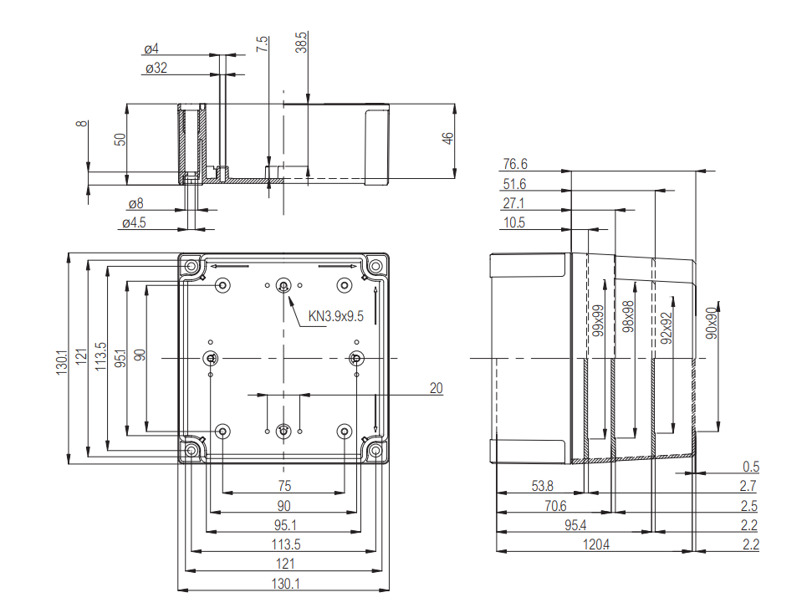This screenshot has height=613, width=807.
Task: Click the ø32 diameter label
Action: (156, 68)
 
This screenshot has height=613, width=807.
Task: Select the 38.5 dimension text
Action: (302, 43)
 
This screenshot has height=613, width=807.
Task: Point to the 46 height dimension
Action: (447, 137)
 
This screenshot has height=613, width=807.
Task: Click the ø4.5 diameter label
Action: (134, 223)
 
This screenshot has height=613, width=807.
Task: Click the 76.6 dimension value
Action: (515, 164)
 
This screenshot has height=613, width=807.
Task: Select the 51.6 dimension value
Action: (515, 184)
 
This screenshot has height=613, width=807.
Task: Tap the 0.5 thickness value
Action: (750, 467)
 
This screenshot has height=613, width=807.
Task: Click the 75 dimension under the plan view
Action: (284, 485)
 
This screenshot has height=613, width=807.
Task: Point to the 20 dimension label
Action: (436, 388)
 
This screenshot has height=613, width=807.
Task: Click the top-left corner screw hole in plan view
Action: (192, 267)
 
